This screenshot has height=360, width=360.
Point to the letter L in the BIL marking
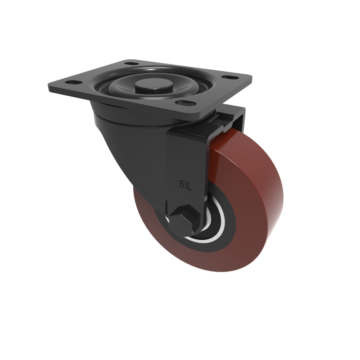pyautogui.click(x=189, y=185)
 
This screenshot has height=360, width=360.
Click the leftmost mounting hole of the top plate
pyautogui.click(x=71, y=82)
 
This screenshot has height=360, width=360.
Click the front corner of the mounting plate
pyautogui.click(x=198, y=116)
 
